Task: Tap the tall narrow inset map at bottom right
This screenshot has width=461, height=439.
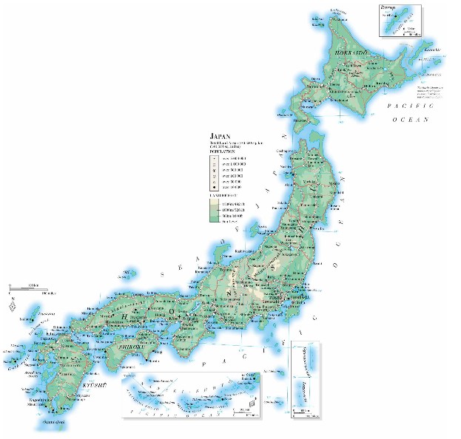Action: pos(303,379)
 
